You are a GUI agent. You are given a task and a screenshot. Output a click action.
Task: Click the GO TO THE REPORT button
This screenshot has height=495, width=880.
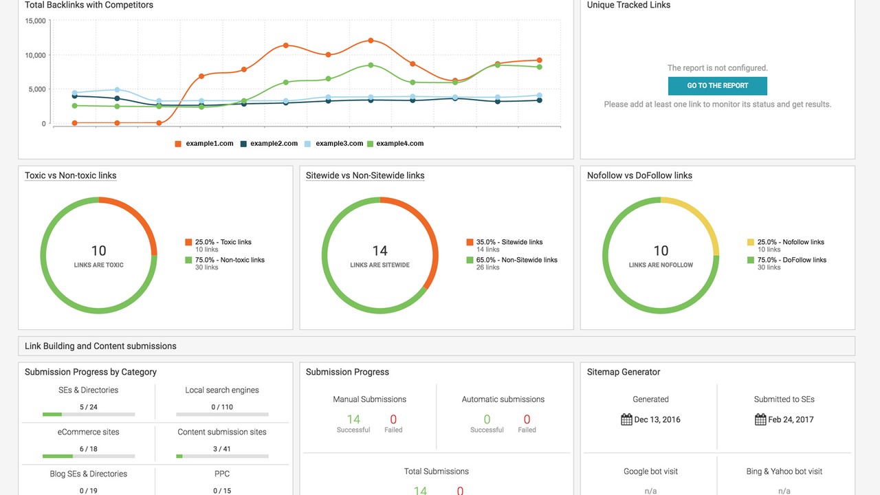tap(717, 86)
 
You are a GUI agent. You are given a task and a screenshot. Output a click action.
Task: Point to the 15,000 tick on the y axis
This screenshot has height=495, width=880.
tap(35, 21)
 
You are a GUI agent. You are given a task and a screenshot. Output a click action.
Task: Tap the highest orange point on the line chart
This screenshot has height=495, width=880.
tap(371, 41)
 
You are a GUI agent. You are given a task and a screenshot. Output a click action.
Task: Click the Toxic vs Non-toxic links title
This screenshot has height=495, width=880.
tap(70, 175)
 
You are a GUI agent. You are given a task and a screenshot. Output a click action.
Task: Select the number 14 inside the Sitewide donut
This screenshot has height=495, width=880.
tap(379, 251)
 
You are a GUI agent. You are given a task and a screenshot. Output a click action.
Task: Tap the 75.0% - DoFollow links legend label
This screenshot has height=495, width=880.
tap(791, 260)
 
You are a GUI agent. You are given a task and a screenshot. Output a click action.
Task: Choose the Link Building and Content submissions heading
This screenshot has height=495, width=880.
tap(100, 346)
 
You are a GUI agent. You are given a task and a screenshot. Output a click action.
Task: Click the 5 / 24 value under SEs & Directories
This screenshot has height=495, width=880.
tap(88, 407)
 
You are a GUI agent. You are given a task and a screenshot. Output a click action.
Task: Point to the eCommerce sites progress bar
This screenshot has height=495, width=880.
tap(88, 456)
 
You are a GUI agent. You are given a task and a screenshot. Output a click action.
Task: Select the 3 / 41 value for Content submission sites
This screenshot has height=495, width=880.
tap(221, 449)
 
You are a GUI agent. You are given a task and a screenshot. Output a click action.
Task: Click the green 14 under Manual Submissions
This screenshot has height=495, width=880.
tap(353, 419)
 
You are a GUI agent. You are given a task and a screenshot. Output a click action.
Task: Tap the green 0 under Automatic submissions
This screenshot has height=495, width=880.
tap(487, 419)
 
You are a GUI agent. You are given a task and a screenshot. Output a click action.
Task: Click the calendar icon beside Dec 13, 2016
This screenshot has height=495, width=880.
tap(626, 419)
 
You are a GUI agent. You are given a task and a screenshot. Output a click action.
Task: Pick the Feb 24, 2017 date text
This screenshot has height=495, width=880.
tap(791, 419)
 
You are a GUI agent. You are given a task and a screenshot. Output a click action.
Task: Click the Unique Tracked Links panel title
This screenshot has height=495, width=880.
tap(628, 5)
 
